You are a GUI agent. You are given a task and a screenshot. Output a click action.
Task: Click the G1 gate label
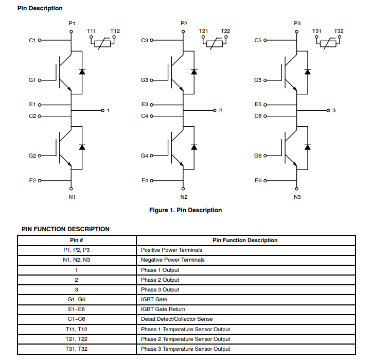click(x=32, y=80)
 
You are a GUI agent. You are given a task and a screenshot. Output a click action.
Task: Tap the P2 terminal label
click(x=184, y=23)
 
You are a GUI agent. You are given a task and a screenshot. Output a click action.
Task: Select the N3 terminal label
click(x=297, y=197)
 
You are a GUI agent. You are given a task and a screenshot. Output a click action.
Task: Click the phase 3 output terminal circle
click(x=328, y=110)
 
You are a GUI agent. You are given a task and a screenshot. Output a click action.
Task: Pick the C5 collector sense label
click(x=258, y=40)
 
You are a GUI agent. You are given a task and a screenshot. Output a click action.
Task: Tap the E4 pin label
click(x=145, y=181)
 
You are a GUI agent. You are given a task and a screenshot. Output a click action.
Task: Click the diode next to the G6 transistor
click(x=307, y=147)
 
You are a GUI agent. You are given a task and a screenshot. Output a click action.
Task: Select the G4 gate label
click(x=145, y=156)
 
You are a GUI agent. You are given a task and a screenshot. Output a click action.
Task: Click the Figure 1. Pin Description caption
click(x=185, y=210)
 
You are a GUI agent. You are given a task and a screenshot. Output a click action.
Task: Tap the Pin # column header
click(x=77, y=240)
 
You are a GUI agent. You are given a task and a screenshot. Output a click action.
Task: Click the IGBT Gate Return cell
click(x=163, y=309)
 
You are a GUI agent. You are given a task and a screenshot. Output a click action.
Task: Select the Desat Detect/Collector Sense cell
click(x=176, y=319)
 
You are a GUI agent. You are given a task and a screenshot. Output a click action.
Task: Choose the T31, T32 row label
click(x=77, y=349)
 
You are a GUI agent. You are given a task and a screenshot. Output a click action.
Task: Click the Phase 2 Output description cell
click(x=160, y=280)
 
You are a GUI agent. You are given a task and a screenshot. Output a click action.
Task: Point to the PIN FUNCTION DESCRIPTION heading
click(x=65, y=229)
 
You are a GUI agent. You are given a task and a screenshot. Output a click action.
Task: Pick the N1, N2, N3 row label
click(x=77, y=260)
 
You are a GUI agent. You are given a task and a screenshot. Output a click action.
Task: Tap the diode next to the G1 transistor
click(x=81, y=72)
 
